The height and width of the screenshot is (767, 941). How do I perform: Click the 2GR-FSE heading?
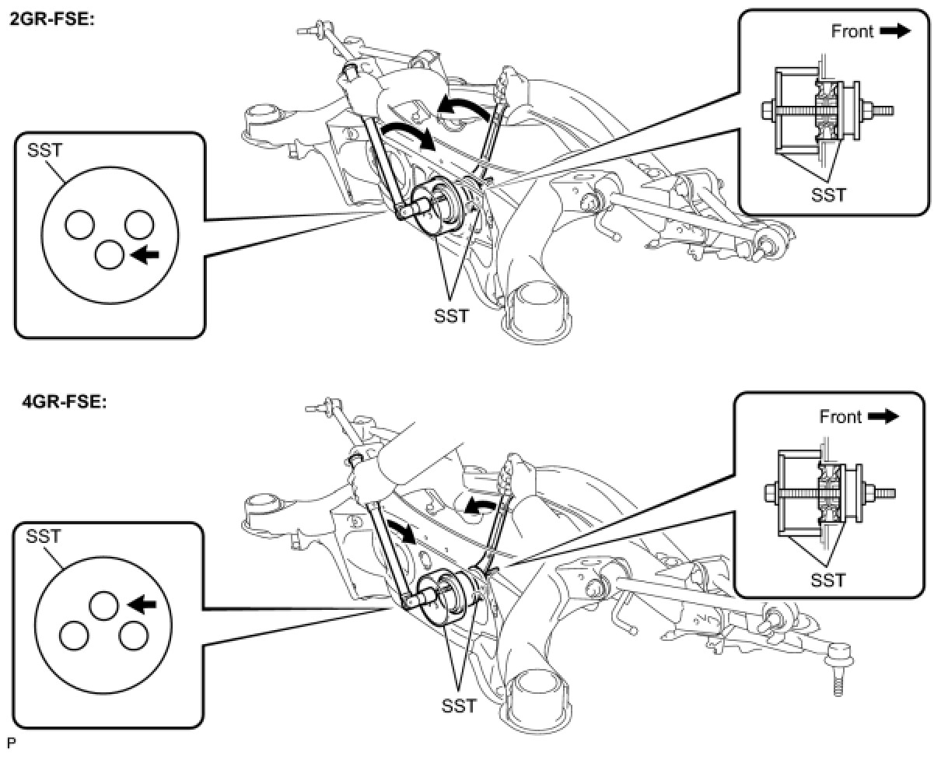point(51,20)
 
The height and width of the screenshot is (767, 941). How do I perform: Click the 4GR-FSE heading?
point(64,402)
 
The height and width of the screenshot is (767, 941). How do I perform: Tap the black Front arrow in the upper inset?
point(895,31)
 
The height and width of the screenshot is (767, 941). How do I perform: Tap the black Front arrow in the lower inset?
point(883,417)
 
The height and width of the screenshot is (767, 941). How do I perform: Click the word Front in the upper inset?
point(852,31)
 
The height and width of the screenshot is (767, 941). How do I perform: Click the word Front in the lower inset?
point(840,417)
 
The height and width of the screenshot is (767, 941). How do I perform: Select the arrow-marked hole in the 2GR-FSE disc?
point(110,255)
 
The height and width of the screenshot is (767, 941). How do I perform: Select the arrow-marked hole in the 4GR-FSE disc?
point(103,606)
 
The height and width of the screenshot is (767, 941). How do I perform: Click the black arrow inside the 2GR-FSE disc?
point(145,254)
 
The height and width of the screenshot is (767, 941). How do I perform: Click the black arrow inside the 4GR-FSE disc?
point(142,604)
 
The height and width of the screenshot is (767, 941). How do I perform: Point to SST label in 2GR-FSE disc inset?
point(44,150)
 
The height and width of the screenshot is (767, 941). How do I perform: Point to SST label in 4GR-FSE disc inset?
point(43,537)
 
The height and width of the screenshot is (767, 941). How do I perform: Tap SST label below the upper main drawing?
point(452,317)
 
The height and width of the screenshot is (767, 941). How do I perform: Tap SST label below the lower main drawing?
point(460,706)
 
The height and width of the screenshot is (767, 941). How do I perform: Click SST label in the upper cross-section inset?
point(829,194)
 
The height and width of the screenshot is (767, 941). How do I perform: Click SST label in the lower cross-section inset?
point(828,580)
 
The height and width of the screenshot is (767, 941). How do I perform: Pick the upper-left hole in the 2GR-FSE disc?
point(79,225)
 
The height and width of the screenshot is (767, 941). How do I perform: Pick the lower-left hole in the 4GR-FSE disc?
point(74,636)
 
